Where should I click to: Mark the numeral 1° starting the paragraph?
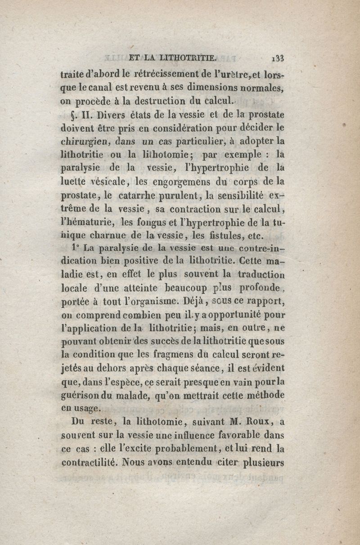(x=75, y=247)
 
